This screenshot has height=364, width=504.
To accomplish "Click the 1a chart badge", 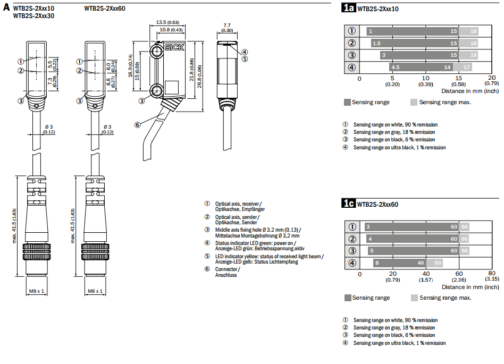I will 348,8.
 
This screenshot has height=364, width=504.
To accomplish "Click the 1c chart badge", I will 348,204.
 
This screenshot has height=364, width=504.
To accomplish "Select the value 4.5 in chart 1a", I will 395,67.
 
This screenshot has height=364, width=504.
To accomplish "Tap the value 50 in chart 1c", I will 438,263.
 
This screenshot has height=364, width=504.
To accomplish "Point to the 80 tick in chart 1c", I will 492,273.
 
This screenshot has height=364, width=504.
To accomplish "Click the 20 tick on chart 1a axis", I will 492,78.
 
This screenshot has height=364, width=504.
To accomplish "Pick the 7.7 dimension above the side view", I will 227,25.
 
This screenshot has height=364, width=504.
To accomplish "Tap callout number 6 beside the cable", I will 137,125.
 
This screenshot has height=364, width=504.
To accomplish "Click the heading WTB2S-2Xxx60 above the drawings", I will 105,9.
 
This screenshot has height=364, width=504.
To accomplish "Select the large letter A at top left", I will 6,7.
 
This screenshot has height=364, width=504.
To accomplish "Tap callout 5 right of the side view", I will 245,59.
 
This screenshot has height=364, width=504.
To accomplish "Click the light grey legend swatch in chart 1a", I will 414,102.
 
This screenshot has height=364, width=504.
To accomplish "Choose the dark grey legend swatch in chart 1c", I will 348,298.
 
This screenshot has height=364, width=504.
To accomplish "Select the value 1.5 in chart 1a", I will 376,43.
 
